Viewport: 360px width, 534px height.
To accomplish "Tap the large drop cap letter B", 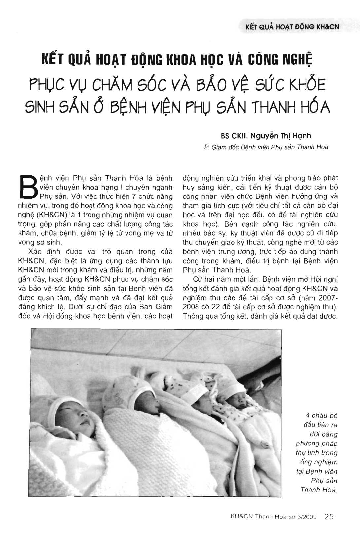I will click(28, 187).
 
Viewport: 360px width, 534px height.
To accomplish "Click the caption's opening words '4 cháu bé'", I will click(317, 416).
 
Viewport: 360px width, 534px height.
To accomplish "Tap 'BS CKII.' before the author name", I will click(234, 136).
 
